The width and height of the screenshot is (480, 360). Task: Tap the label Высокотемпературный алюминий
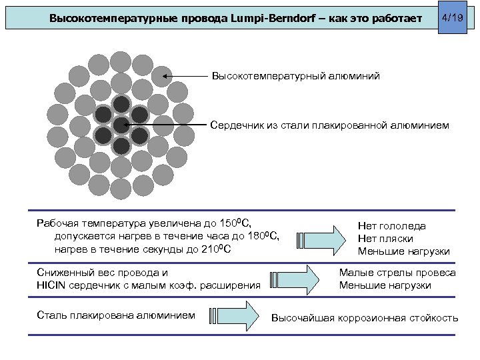click(x=296, y=77)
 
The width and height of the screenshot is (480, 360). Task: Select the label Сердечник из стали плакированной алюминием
click(x=330, y=125)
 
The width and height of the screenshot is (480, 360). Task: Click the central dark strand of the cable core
click(x=121, y=125)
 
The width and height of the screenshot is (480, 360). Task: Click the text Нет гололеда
click(x=391, y=226)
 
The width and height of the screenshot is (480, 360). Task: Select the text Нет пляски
click(x=385, y=238)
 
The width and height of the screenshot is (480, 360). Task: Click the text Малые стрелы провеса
click(x=397, y=273)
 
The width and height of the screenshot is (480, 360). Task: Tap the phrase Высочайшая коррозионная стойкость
click(x=365, y=317)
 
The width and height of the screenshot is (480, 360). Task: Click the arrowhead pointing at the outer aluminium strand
click(x=166, y=77)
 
